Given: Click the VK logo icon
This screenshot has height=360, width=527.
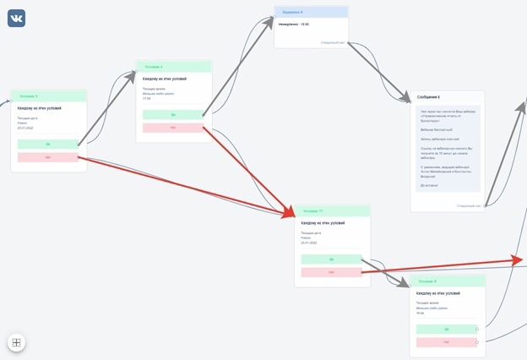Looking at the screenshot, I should (17, 18).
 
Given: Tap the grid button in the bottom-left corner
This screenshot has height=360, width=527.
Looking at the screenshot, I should (17, 342).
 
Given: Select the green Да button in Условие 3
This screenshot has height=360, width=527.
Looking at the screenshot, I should (47, 145).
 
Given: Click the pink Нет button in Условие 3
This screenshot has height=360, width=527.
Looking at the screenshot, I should (47, 157).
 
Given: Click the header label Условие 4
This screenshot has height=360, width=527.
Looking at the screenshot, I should (154, 66).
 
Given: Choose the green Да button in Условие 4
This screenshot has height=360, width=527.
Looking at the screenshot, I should (173, 115).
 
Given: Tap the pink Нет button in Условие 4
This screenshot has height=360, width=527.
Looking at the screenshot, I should (173, 128).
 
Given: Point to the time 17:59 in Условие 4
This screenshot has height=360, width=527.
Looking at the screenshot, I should (147, 98).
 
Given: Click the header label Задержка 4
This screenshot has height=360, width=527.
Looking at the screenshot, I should (292, 12).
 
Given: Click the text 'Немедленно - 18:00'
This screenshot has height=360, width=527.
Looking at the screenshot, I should (294, 25).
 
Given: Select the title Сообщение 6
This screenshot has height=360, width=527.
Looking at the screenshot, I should (429, 97).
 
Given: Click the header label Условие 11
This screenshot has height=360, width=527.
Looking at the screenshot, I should (312, 210).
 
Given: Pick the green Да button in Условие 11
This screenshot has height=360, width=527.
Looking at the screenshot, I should (331, 259).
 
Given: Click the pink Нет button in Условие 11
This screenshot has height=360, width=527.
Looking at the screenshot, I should (331, 271).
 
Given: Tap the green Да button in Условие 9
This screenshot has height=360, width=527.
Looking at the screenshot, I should (446, 329).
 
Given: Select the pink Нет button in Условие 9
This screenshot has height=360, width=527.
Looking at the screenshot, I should (446, 341).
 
